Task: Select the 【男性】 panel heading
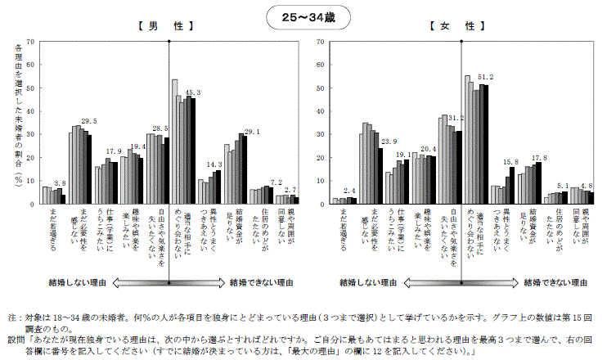(x=165, y=26)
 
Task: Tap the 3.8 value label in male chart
(x=60, y=183)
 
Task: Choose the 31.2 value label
(x=458, y=117)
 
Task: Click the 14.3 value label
(x=214, y=164)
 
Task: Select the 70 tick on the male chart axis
(x=30, y=41)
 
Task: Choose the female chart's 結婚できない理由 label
(x=557, y=282)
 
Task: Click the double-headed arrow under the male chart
(x=169, y=283)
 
